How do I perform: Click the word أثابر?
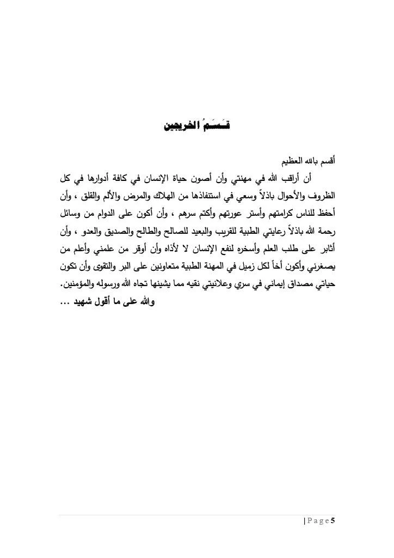(325, 249)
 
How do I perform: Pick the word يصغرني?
(319, 266)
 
